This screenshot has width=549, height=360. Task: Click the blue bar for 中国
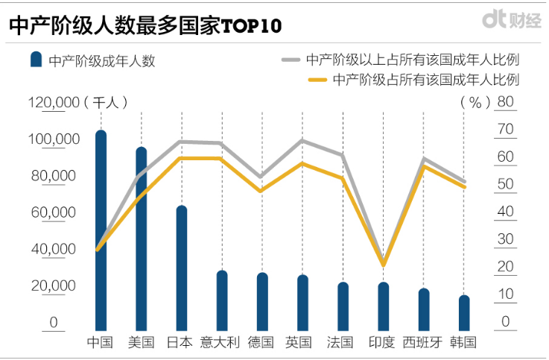click(x=101, y=231)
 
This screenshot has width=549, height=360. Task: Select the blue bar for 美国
click(x=141, y=239)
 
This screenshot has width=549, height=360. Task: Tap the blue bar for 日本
click(x=181, y=268)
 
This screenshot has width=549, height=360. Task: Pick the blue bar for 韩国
click(x=464, y=313)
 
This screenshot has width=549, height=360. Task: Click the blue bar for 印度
click(x=383, y=306)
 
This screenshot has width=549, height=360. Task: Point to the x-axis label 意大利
click(x=221, y=343)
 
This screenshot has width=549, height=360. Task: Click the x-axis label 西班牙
click(x=422, y=343)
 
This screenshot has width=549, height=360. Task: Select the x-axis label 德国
click(x=261, y=343)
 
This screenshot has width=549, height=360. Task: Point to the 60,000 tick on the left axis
click(x=53, y=212)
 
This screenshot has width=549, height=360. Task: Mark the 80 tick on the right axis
click(x=505, y=102)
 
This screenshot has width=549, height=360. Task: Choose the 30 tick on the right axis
click(x=505, y=240)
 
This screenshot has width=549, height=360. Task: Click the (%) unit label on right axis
click(x=472, y=102)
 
